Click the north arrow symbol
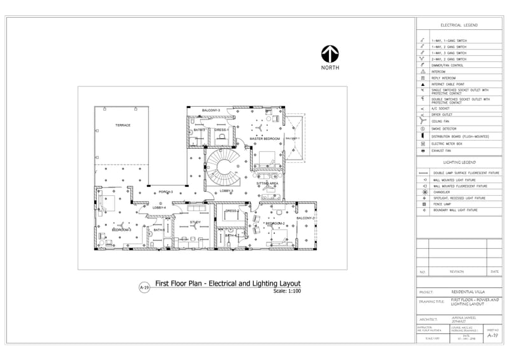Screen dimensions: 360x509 click(330, 54)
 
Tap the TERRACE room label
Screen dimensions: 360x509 click(123, 125)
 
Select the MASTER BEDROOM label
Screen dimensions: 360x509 click(265, 139)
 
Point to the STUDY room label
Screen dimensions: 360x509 click(195, 222)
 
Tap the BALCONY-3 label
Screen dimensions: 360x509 click(211, 111)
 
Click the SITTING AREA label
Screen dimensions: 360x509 click(267, 183)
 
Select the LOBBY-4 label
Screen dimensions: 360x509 click(159, 207)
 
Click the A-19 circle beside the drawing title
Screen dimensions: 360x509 click(144, 287)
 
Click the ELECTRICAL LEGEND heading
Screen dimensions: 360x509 click(459, 25)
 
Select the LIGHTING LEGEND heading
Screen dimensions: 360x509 click(459, 163)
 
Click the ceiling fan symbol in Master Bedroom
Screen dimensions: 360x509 click(260, 127)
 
